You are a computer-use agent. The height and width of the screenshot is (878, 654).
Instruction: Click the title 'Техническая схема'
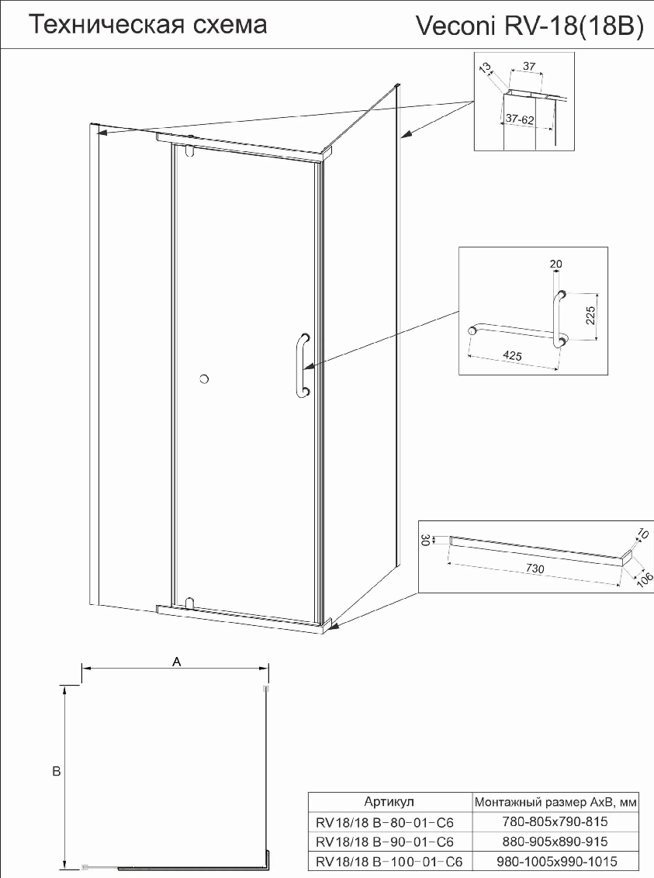tap(148, 25)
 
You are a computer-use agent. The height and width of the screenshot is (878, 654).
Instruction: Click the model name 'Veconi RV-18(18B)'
tap(530, 27)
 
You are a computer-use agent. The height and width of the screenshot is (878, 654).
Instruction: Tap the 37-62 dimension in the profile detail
tap(520, 119)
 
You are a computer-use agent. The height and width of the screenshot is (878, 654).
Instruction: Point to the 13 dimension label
tap(485, 67)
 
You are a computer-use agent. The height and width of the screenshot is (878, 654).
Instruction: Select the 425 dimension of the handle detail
tap(512, 355)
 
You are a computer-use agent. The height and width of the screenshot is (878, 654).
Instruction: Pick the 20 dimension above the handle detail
tap(556, 264)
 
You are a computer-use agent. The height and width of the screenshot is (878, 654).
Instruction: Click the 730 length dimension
tap(535, 569)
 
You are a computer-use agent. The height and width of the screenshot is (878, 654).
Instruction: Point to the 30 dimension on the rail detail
tap(424, 541)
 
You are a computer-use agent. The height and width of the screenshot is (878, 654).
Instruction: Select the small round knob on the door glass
tap(204, 379)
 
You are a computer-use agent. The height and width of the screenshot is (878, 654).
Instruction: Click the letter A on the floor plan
tap(176, 662)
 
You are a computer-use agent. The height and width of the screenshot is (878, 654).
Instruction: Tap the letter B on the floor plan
tap(56, 771)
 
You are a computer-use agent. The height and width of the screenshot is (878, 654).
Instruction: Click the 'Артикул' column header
tap(389, 801)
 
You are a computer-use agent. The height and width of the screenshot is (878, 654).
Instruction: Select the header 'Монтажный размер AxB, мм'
tap(555, 802)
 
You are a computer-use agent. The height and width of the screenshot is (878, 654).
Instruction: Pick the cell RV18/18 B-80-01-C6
tap(385, 823)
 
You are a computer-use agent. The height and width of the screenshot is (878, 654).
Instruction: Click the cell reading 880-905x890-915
tap(555, 841)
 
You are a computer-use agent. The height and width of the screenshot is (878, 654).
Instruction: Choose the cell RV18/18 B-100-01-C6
tap(389, 861)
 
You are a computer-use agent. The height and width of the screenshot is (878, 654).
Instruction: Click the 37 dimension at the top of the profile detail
tap(529, 66)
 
